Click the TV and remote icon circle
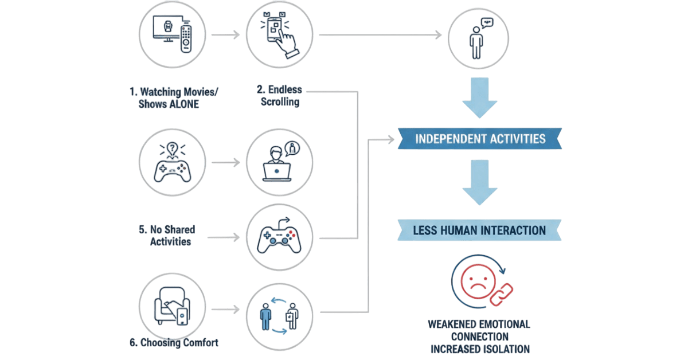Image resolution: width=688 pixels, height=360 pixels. coord(170,35)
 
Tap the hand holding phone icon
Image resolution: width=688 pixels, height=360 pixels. coord(280,35)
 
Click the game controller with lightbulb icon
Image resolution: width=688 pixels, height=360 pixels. coord(170,163)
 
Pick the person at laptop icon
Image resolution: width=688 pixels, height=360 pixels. coord(280,163)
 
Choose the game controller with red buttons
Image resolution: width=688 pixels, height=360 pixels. coord(280,236)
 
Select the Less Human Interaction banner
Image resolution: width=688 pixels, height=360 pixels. coord(479,230)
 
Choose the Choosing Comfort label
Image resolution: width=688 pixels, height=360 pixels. coord(174,343)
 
